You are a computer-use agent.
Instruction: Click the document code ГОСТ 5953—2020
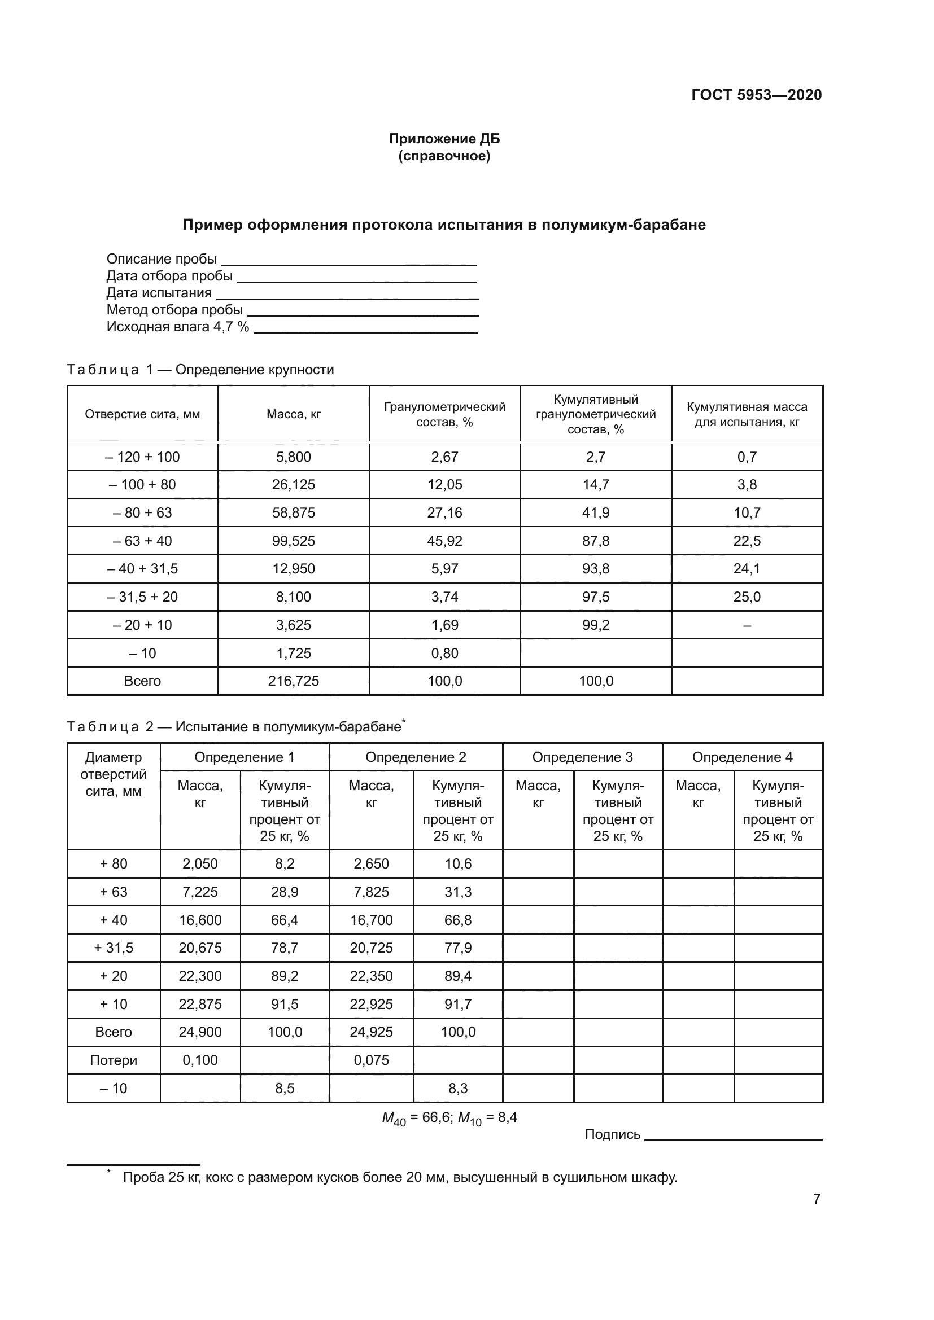tap(756, 95)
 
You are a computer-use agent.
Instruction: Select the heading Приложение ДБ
tap(444, 139)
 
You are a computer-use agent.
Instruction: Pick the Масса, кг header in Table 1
tap(293, 414)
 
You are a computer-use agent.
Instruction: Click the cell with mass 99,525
tap(293, 541)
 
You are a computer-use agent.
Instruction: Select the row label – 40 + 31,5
tap(142, 569)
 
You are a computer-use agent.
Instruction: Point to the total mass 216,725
tap(293, 681)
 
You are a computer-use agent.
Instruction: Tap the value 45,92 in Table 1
tap(444, 541)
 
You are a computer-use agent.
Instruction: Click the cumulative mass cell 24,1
tap(747, 569)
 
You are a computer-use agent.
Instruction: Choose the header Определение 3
tap(582, 757)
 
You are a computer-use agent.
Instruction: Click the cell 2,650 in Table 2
tap(371, 864)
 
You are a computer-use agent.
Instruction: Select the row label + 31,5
tap(114, 948)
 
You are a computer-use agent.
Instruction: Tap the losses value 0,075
tap(371, 1060)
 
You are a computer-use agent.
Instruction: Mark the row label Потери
tap(114, 1060)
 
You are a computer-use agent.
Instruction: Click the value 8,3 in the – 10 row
tap(458, 1088)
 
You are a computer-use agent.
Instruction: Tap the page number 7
tap(816, 1199)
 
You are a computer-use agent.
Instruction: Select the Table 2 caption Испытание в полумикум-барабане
tap(287, 727)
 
